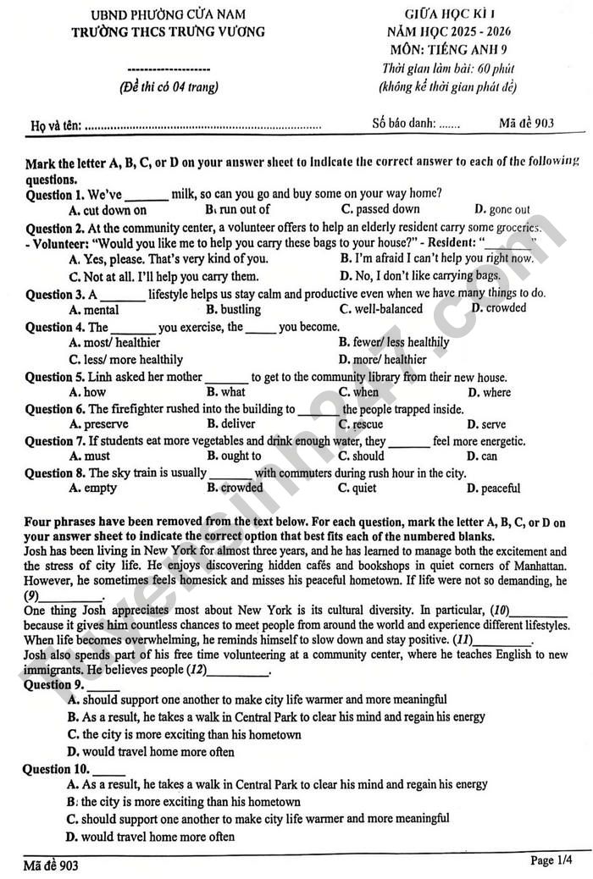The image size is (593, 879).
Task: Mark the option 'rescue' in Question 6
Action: (x=361, y=424)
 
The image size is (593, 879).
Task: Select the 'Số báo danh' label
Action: (x=404, y=123)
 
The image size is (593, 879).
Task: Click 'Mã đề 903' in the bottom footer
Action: (x=51, y=865)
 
